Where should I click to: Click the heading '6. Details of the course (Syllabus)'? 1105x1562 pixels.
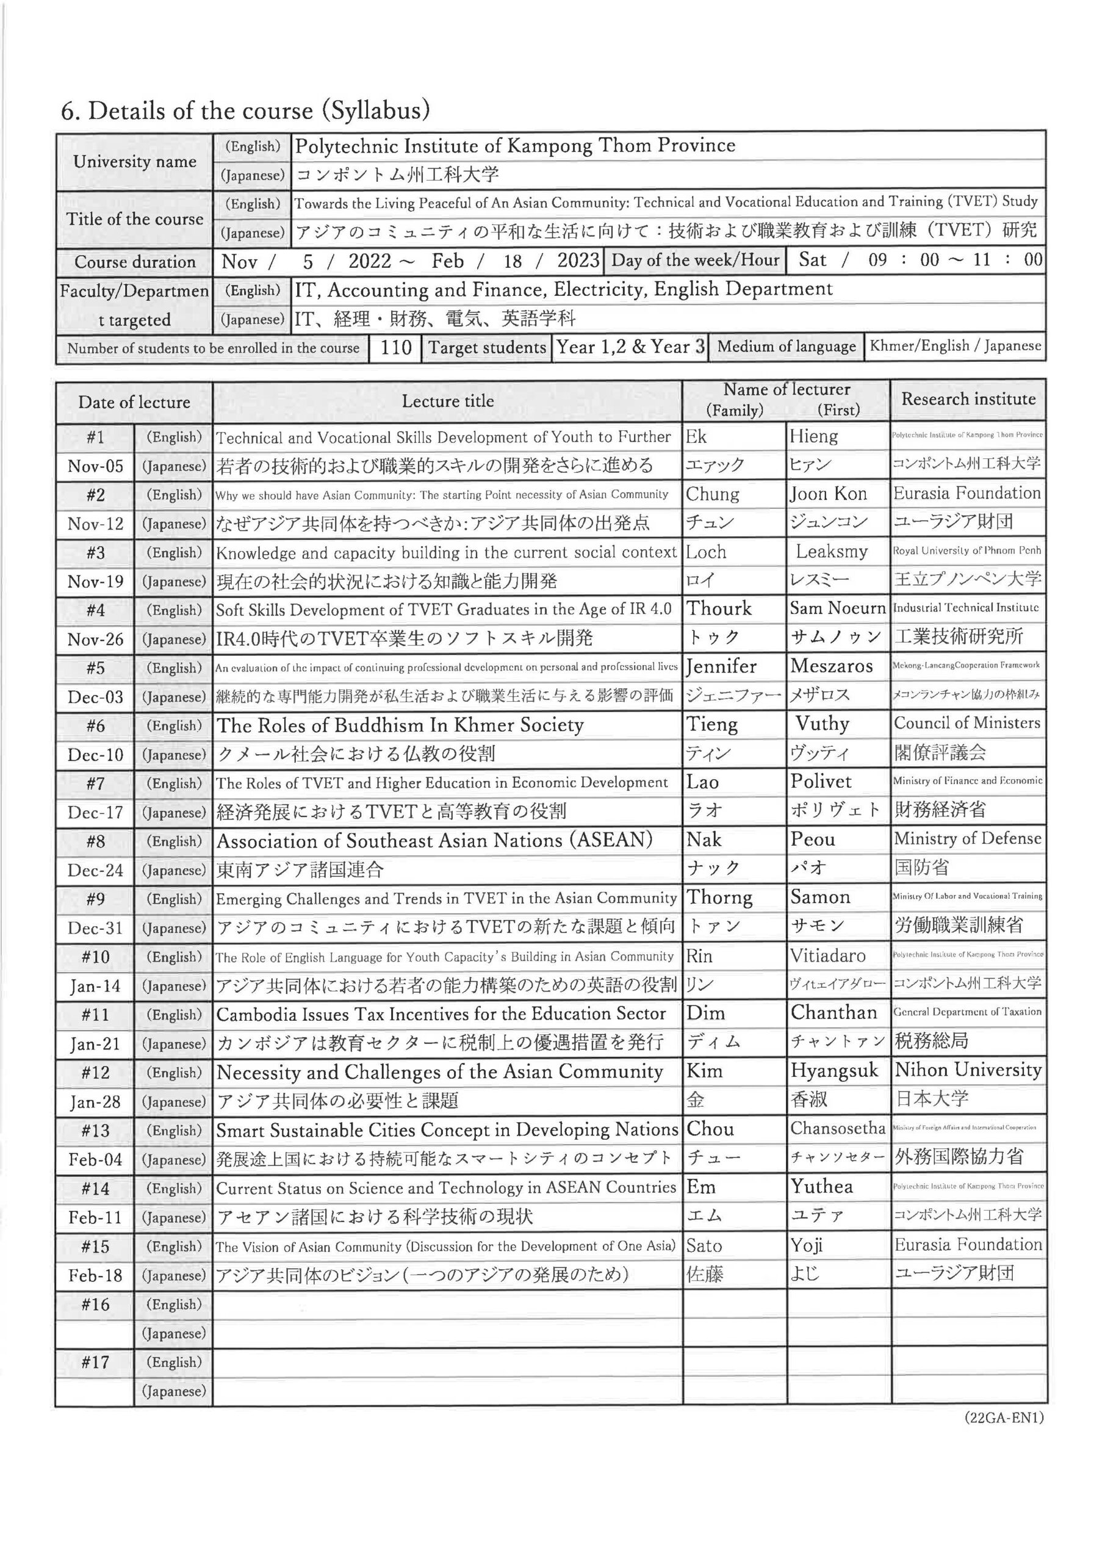(x=245, y=111)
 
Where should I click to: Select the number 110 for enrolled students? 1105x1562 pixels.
(x=395, y=348)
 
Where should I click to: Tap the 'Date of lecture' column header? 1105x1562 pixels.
(x=134, y=402)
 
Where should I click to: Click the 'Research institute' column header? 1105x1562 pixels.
(x=968, y=399)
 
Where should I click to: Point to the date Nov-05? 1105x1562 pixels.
(x=95, y=466)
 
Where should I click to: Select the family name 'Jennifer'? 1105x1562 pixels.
(x=721, y=666)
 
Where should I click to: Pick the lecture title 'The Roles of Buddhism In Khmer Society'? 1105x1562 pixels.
(x=400, y=725)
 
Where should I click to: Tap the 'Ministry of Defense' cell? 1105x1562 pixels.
(x=967, y=839)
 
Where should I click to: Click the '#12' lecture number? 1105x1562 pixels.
(x=95, y=1073)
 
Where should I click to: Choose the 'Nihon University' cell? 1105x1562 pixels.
(x=968, y=1071)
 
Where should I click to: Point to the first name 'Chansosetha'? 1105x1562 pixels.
(x=838, y=1129)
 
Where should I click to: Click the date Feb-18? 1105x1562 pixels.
(x=95, y=1276)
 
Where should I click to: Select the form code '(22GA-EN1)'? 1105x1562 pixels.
(x=1004, y=1419)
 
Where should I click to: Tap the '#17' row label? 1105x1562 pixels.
(x=95, y=1362)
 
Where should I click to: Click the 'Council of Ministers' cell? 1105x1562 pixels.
(x=967, y=723)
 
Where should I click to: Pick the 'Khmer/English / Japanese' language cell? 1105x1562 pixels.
(x=956, y=347)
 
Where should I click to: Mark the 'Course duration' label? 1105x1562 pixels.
(x=135, y=262)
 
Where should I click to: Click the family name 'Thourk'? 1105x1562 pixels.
(x=719, y=609)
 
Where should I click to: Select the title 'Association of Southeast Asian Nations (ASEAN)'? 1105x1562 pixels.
(x=434, y=841)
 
